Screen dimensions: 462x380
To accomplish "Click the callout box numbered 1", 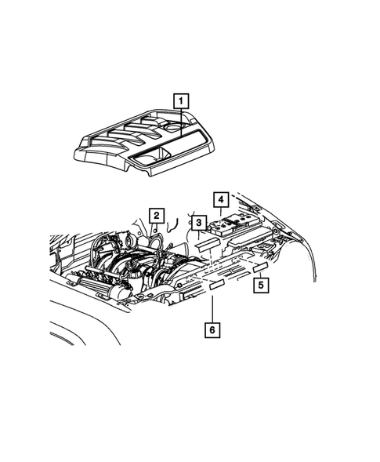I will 181,100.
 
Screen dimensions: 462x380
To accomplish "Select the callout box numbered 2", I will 157,215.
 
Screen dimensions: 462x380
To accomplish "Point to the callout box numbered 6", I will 210,330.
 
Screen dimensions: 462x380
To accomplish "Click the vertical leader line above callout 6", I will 210,306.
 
